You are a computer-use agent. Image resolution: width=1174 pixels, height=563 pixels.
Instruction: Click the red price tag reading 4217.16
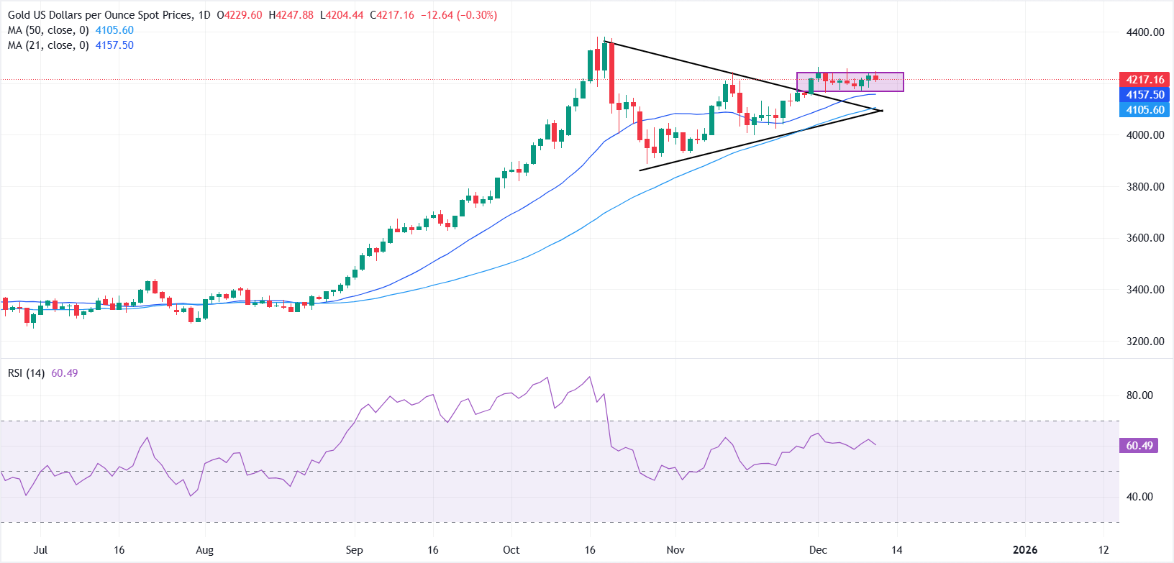pos(1145,80)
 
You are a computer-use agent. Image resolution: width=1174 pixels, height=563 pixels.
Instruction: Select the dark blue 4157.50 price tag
pos(1145,95)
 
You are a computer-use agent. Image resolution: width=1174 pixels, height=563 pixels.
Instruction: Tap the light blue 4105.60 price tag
pos(1145,110)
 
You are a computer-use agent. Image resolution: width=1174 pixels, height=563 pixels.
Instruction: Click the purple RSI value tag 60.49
pos(1139,446)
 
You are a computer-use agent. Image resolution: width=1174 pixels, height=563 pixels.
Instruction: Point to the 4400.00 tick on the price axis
pos(1145,32)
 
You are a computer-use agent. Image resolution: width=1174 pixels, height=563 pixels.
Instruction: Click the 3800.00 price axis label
pos(1145,187)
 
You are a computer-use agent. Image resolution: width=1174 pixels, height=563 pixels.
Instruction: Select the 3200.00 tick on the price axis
pos(1145,342)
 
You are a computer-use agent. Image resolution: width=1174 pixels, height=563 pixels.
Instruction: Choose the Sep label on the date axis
pos(354,550)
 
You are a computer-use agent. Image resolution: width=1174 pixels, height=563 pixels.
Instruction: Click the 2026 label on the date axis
pos(1024,550)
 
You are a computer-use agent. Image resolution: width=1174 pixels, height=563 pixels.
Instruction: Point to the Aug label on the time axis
pos(205,550)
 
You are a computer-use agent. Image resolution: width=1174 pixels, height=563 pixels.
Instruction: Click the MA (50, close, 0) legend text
pos(48,30)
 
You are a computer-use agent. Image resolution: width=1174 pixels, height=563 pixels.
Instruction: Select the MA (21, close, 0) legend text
pos(48,45)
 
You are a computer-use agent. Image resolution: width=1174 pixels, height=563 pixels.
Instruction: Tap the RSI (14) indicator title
pos(26,373)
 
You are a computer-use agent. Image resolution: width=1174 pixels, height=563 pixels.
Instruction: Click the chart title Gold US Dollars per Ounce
pos(101,15)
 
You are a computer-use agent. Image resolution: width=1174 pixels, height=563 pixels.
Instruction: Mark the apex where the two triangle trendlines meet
pos(882,111)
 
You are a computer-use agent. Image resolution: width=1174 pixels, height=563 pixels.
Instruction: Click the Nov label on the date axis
pos(675,550)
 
